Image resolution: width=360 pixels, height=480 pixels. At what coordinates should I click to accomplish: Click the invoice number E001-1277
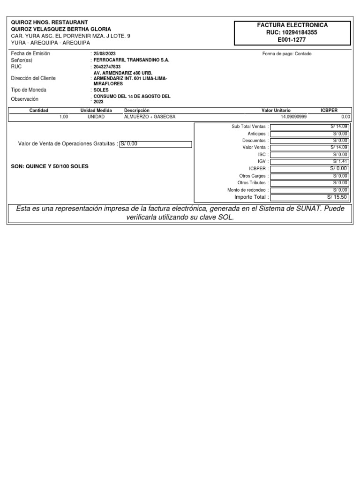[x=292, y=40]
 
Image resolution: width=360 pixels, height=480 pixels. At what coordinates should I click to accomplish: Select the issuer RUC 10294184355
[x=292, y=32]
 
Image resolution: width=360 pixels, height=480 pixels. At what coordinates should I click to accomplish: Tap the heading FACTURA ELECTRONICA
[x=292, y=25]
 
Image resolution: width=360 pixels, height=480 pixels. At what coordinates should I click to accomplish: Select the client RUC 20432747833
[x=107, y=67]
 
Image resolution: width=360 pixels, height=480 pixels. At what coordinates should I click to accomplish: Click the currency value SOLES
[x=101, y=90]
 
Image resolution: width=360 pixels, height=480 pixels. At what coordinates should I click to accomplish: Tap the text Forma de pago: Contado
[x=286, y=54]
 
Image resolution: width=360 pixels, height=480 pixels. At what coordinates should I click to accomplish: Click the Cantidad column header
[x=39, y=110]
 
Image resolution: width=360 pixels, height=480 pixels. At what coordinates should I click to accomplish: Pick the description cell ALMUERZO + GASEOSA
[x=150, y=117]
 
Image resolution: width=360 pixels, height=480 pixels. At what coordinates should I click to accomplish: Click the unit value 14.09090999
[x=293, y=117]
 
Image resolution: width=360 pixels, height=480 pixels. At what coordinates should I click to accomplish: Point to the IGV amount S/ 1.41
[x=309, y=161]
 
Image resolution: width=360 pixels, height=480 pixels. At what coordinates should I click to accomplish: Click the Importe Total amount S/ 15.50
[x=309, y=197]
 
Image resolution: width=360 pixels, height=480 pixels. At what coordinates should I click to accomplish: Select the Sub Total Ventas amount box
[x=309, y=126]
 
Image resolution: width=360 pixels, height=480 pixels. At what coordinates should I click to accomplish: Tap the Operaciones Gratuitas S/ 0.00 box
[x=156, y=144]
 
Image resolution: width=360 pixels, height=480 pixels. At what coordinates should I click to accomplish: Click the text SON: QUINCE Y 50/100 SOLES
[x=49, y=167]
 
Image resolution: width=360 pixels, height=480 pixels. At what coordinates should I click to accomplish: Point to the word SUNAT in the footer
[x=308, y=209]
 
